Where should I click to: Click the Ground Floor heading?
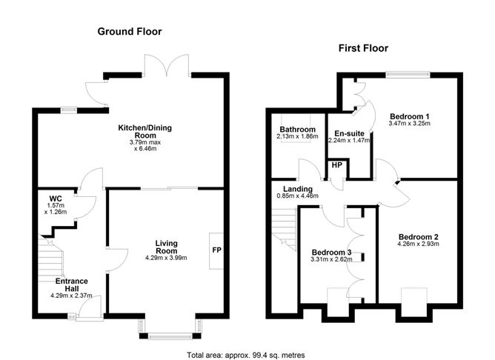[x=130, y=32]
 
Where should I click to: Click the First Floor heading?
[x=363, y=48]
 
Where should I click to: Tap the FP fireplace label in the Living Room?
[x=217, y=250]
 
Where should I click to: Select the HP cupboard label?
[x=337, y=165]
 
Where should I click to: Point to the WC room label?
[x=56, y=199]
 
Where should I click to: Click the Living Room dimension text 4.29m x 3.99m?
[x=166, y=258]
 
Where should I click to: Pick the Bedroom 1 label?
[x=410, y=116]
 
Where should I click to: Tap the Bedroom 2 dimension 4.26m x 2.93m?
[x=418, y=244]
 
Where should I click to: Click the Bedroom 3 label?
[x=331, y=253]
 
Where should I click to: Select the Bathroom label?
[x=298, y=130]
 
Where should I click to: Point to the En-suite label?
[x=350, y=133]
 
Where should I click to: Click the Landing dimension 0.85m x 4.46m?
[x=297, y=196]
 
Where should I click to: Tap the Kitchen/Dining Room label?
[x=145, y=132]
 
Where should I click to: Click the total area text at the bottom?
[x=246, y=356]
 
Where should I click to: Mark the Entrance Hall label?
[x=72, y=285]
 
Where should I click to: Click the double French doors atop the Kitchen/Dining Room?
[x=167, y=66]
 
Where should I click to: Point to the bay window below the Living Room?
[x=170, y=330]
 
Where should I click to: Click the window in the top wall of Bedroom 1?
[x=408, y=75]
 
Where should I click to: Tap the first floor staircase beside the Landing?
[x=284, y=229]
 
